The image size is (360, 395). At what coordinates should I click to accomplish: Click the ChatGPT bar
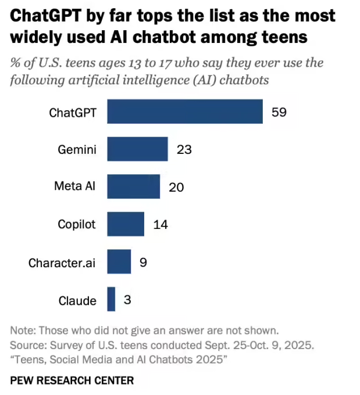(185, 112)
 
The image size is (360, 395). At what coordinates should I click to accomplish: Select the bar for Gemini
(137, 149)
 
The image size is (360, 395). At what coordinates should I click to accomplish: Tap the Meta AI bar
(133, 186)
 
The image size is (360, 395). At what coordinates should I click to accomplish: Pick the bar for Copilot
(126, 224)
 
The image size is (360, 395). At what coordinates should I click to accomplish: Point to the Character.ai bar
(119, 262)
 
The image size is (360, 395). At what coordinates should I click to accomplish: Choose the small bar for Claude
(111, 300)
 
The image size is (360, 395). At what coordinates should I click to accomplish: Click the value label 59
(279, 112)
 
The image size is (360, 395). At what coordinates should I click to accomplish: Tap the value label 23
(184, 150)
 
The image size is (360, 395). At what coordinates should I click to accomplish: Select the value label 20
(176, 187)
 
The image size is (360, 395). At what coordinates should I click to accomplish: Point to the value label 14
(161, 225)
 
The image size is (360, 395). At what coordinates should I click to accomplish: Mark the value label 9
(143, 263)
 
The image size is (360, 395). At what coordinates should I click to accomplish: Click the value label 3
(127, 300)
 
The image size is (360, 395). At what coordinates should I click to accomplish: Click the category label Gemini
(77, 150)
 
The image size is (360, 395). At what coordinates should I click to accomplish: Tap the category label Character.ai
(62, 263)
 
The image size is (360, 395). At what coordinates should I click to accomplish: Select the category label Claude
(77, 300)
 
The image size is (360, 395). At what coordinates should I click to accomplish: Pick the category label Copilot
(77, 225)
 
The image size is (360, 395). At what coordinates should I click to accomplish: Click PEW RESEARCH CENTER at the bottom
(72, 380)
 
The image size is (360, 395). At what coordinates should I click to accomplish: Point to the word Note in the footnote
(22, 330)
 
